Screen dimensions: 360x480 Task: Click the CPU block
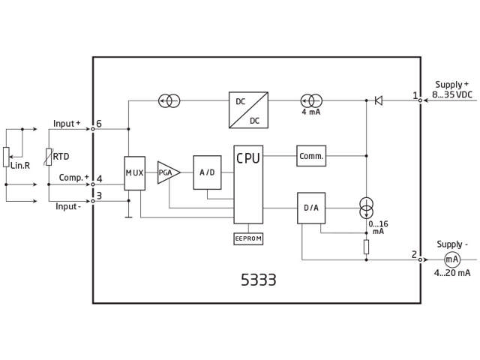[x=248, y=184]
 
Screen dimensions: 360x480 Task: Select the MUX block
[x=134, y=173]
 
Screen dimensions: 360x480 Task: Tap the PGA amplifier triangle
[x=167, y=172]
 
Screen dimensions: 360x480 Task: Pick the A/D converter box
[x=207, y=172]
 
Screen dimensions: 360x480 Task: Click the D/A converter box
[x=311, y=208]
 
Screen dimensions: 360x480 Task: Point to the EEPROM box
[x=248, y=238]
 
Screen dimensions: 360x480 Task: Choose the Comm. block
[x=311, y=156]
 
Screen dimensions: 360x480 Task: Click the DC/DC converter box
[x=248, y=109]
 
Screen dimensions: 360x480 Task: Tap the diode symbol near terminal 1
[x=378, y=100]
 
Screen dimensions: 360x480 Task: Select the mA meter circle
[x=451, y=259]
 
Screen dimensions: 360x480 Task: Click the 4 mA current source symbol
[x=311, y=100]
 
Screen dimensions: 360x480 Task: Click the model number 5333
[x=258, y=280]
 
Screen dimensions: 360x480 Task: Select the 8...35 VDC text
[x=453, y=96]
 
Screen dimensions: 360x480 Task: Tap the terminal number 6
[x=99, y=124]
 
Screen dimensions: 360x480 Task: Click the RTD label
[x=61, y=157]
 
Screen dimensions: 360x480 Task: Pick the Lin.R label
[x=20, y=165]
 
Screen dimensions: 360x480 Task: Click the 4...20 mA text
[x=451, y=273]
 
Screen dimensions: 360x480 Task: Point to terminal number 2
[x=414, y=254]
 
